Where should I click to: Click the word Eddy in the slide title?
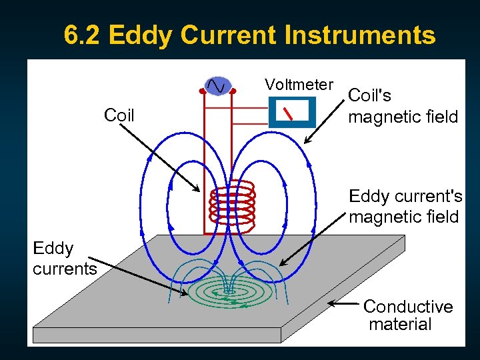139,35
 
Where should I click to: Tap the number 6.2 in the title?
83,35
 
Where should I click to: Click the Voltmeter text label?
299,85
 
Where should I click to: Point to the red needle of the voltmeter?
289,113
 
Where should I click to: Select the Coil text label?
119,115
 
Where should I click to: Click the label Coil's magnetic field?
403,106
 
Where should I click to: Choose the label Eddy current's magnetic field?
405,207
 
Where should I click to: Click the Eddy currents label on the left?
64,259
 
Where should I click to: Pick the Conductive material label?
407,315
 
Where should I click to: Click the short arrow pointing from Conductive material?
344,304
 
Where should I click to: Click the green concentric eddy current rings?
231,294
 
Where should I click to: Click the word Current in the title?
229,35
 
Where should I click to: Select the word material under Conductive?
400,325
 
